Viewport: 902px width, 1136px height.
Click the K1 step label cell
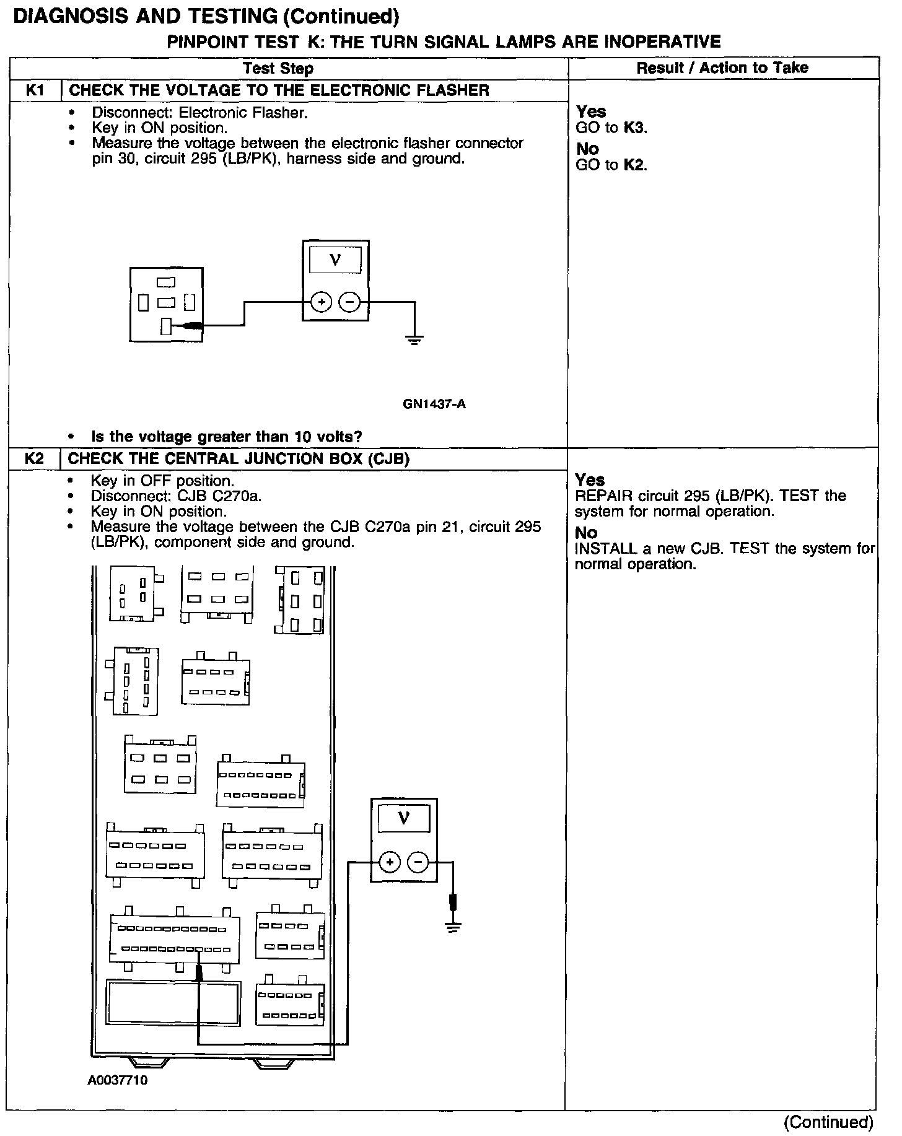click(x=35, y=90)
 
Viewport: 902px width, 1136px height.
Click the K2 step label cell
click(x=34, y=459)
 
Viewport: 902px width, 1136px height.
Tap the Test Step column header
click(x=278, y=68)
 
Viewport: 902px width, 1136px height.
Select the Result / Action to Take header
click(x=722, y=68)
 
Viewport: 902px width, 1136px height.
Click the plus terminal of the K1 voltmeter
click(x=322, y=302)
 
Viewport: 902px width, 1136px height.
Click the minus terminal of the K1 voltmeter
click(x=350, y=302)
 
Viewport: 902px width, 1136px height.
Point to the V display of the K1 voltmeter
click(x=335, y=260)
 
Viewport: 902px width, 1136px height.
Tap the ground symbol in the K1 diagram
click(x=414, y=339)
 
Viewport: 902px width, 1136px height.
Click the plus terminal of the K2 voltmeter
click(x=390, y=862)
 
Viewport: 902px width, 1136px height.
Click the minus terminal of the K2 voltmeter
click(x=418, y=862)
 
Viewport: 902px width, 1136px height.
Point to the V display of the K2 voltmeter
click(x=403, y=819)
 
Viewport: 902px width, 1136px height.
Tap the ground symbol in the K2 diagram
click(x=453, y=927)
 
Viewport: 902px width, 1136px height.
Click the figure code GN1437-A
click(x=434, y=404)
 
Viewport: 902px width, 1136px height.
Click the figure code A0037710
click(x=118, y=1081)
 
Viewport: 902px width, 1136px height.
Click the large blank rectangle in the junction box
click(x=173, y=1003)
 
